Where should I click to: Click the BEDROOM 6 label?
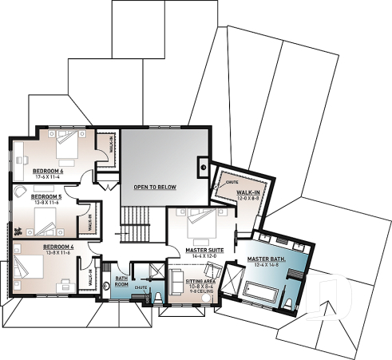[x=47, y=170]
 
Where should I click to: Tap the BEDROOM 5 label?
[x=46, y=196]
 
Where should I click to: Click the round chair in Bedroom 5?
[x=18, y=192]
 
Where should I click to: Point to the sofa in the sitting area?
[x=177, y=283]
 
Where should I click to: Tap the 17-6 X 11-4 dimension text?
[x=47, y=176]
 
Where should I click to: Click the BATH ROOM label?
[x=121, y=280]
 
